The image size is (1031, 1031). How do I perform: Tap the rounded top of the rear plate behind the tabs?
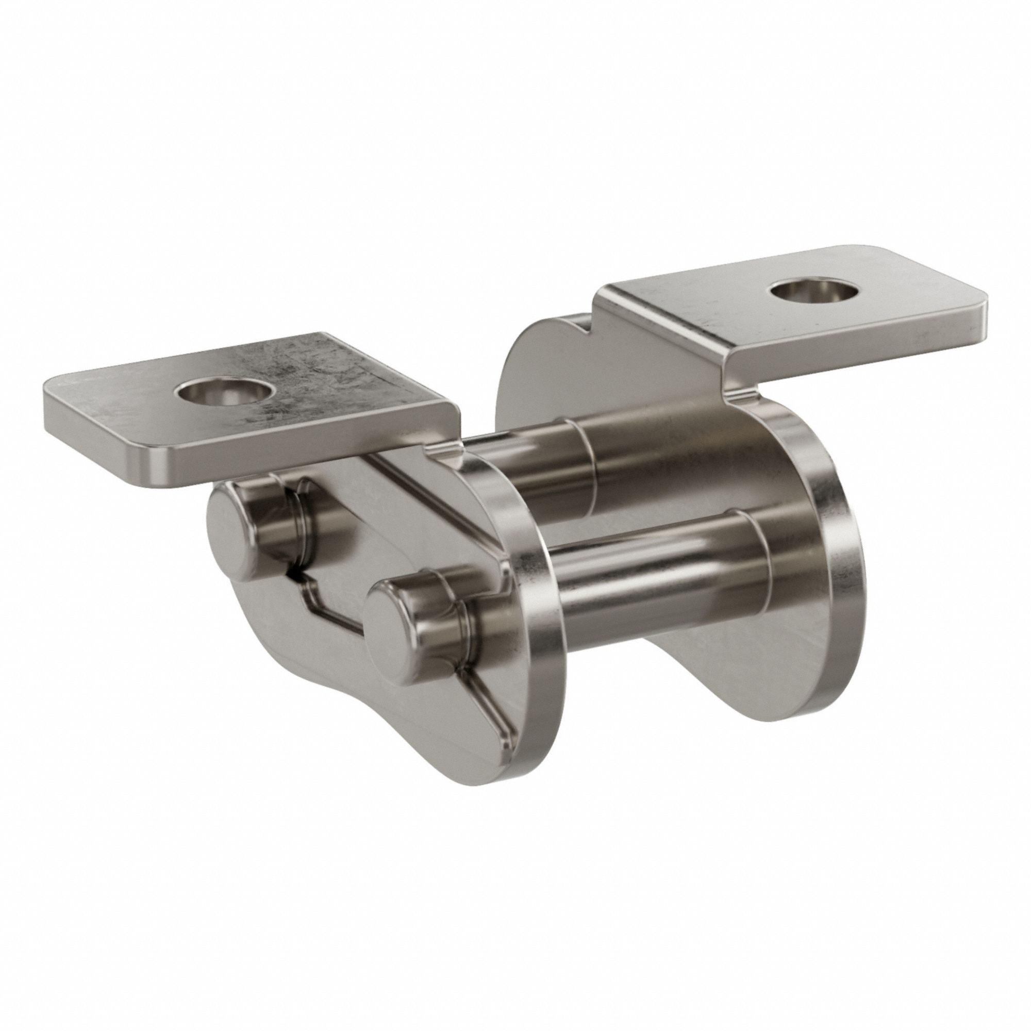[x=539, y=342]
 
